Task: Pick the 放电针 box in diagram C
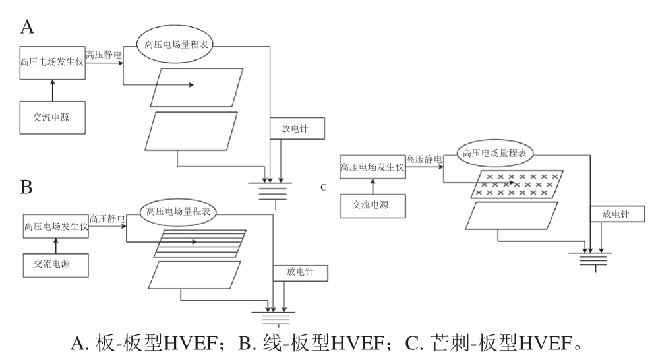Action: (x=616, y=214)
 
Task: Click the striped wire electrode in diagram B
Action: (x=200, y=242)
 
